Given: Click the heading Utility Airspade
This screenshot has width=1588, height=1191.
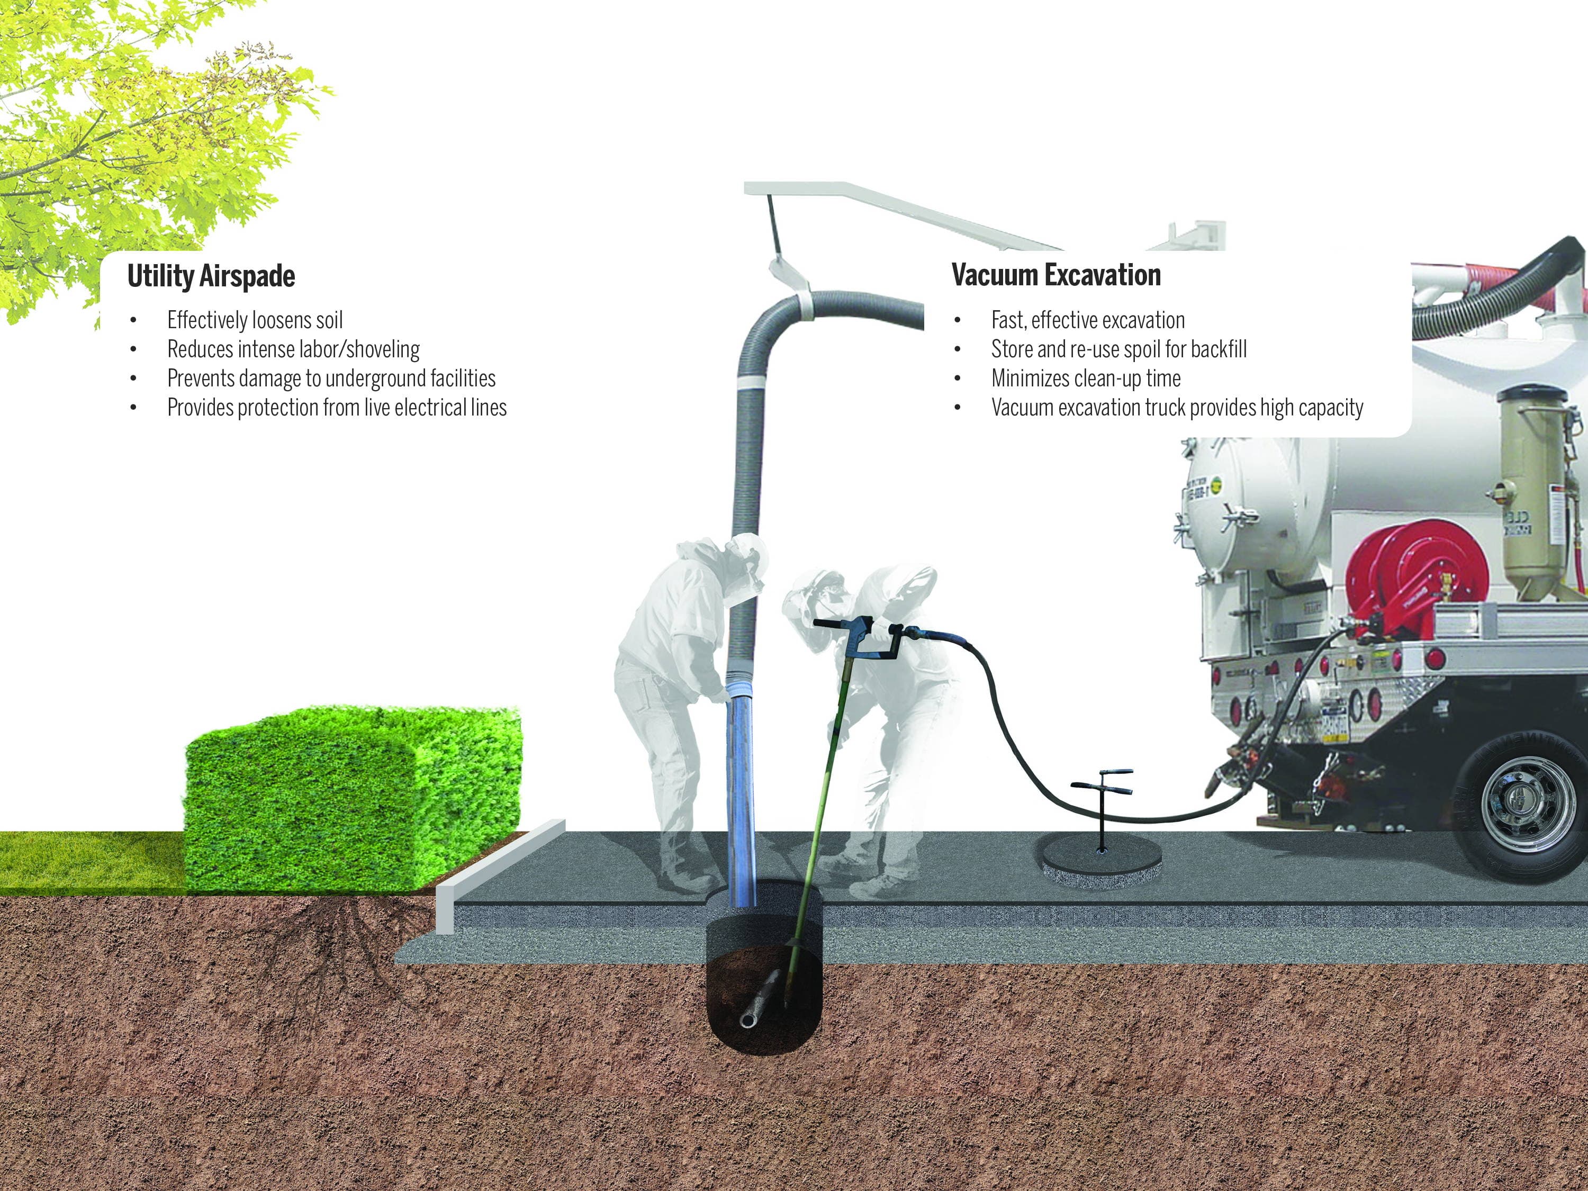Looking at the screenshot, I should pos(211,276).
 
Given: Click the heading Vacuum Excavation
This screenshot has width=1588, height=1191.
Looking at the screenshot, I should pos(1056,275).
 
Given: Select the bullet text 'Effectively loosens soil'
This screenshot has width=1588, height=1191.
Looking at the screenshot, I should pos(255,320).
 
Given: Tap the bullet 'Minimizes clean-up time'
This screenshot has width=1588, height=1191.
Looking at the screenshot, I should pos(1086,378).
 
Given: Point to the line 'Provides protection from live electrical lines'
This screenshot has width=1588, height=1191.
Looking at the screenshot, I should pos(337,408).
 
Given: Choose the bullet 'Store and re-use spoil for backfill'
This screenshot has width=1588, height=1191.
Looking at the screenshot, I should pos(1118,349).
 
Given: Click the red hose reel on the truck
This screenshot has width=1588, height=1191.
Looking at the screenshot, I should pos(1407,574).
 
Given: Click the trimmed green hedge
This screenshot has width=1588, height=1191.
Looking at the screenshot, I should pos(352,797).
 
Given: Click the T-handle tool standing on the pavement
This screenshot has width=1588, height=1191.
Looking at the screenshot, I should pos(1102,804).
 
